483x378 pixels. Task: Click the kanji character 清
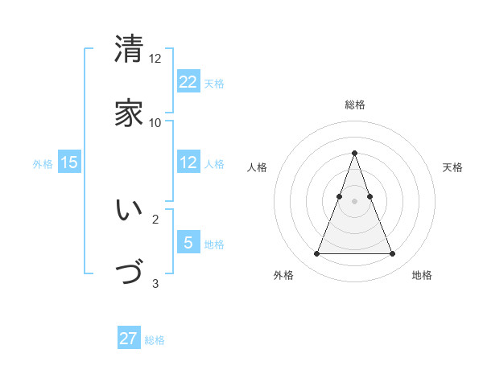(129, 49)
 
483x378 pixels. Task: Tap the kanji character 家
(129, 113)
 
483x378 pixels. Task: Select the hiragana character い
(129, 211)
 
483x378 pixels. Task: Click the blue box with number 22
(188, 82)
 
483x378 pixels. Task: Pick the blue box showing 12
(188, 162)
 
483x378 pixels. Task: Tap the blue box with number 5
(188, 243)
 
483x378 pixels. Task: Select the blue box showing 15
(69, 162)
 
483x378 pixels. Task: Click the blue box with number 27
(129, 339)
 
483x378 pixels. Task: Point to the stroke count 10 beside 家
(155, 122)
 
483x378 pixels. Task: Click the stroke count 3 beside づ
(155, 283)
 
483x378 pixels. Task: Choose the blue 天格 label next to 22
(214, 83)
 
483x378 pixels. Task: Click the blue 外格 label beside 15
(43, 163)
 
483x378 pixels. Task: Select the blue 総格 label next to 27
(155, 339)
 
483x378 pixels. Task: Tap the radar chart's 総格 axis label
(354, 105)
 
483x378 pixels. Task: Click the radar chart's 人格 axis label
(258, 167)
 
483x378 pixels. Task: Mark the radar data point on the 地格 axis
(393, 254)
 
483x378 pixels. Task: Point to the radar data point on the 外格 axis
(316, 254)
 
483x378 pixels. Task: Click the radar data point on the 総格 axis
(354, 153)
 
